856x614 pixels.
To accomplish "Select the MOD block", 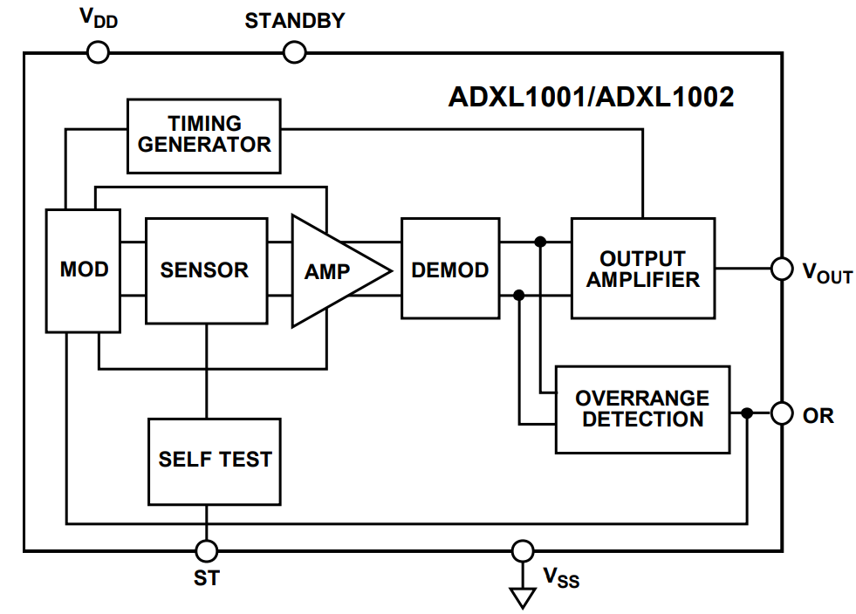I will [83, 270].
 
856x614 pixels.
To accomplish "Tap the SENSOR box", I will [205, 270].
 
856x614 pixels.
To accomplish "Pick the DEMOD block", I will [449, 270].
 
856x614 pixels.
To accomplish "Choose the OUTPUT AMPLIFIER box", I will [642, 269].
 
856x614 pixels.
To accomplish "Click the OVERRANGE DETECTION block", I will [642, 409].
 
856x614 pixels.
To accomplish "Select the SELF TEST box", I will [215, 460].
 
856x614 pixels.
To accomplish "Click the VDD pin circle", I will [99, 53].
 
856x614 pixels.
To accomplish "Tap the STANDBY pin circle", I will [296, 53].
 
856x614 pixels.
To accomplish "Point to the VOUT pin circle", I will [782, 269].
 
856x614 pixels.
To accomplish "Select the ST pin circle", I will [207, 550].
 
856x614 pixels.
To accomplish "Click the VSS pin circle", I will [522, 550].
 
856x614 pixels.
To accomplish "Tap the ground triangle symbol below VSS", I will [522, 597].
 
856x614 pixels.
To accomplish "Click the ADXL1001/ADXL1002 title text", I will [591, 96].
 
